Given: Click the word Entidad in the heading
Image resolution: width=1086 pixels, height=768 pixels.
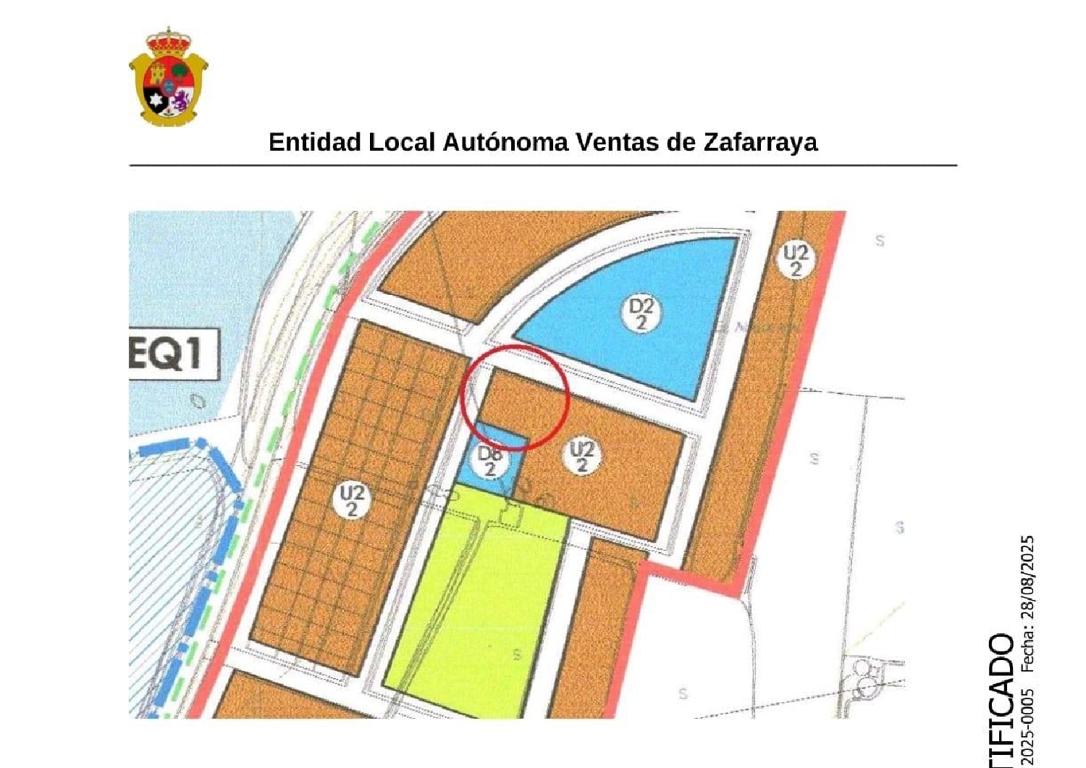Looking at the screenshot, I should click(x=315, y=142).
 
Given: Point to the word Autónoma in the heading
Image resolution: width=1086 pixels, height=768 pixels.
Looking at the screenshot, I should click(x=505, y=142).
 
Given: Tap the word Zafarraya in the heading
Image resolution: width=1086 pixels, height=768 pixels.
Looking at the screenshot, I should click(x=760, y=142).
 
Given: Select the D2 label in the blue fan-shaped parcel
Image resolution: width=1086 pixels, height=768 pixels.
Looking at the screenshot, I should click(x=640, y=314).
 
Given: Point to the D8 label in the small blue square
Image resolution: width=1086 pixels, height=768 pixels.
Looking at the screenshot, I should click(x=491, y=461).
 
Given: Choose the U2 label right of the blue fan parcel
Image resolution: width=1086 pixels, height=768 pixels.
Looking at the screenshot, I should click(x=796, y=260).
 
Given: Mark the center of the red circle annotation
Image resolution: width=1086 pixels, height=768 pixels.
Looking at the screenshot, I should click(x=515, y=397).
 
